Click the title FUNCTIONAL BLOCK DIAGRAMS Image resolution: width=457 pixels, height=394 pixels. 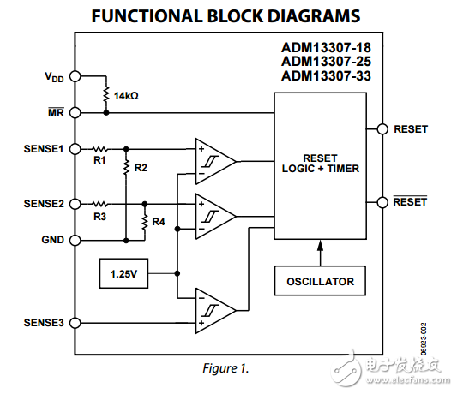[225, 16]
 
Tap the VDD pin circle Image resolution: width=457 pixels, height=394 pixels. [75, 76]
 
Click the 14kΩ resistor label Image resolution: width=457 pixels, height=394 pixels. [126, 96]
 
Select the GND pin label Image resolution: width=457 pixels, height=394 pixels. [52, 241]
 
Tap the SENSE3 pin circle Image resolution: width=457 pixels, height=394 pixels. [75, 323]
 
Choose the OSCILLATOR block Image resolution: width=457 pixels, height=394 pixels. [319, 281]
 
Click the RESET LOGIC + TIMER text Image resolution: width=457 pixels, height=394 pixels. [320, 164]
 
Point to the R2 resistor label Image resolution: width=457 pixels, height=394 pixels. [141, 168]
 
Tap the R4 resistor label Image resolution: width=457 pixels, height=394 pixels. [158, 222]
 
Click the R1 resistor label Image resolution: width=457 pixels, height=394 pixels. [99, 159]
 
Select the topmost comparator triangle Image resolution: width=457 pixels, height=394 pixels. [213, 159]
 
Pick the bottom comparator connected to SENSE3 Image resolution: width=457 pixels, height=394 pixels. [213, 310]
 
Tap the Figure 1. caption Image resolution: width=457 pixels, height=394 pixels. [225, 368]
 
